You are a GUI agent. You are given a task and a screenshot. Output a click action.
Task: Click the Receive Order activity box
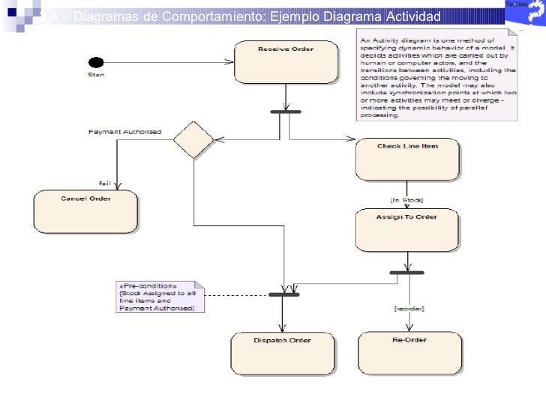pyautogui.click(x=275, y=61)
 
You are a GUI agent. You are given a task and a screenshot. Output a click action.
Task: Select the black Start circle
pyautogui.click(x=95, y=62)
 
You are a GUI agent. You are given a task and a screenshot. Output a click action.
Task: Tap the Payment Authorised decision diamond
pyautogui.click(x=193, y=139)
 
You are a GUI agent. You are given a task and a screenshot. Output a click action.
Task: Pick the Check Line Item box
pyautogui.click(x=407, y=158)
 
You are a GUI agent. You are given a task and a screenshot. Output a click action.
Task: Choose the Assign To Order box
pyautogui.click(x=406, y=229)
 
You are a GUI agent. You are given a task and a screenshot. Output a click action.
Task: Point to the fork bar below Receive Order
pyautogui.click(x=285, y=112)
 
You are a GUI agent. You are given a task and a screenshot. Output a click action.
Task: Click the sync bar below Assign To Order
pyautogui.click(x=408, y=272)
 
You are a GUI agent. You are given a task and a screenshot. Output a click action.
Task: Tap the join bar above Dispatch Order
pyautogui.click(x=284, y=294)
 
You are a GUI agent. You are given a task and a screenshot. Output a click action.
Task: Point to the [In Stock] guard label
pyautogui.click(x=406, y=200)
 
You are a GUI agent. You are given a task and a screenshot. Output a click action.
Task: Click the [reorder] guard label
pyautogui.click(x=409, y=309)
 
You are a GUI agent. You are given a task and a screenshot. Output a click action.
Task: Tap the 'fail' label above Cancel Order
pyautogui.click(x=105, y=184)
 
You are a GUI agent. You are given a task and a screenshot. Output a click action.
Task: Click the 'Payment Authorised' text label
pyautogui.click(x=124, y=132)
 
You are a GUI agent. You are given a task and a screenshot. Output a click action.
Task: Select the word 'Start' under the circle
pyautogui.click(x=95, y=75)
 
